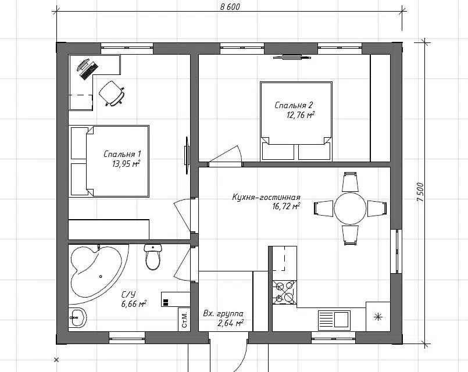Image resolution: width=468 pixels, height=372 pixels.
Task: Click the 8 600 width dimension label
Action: pyautogui.click(x=230, y=6)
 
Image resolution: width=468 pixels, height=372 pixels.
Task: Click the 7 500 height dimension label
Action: pyautogui.click(x=420, y=192)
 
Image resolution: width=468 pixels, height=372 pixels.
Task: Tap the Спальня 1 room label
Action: pyautogui.click(x=122, y=154)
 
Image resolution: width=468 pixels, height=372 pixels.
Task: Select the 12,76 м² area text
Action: pyautogui.click(x=301, y=115)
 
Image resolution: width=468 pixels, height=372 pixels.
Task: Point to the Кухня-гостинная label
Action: pyautogui.click(x=266, y=198)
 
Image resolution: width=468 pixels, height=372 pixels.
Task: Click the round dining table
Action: pyautogui.click(x=350, y=208)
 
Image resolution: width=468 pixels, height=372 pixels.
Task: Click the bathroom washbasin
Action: pyautogui.click(x=77, y=318)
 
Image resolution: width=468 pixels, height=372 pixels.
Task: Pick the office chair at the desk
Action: pyautogui.click(x=111, y=93)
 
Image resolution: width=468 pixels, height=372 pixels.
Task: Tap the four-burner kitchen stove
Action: pyautogui.click(x=284, y=292)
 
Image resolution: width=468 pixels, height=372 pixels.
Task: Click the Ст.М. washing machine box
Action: pyautogui.click(x=184, y=319)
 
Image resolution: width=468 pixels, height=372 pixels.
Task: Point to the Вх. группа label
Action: pyautogui.click(x=223, y=313)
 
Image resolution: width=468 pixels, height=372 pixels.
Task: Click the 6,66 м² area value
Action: pyautogui.click(x=134, y=304)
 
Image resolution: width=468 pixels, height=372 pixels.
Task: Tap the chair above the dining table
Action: pyautogui.click(x=350, y=182)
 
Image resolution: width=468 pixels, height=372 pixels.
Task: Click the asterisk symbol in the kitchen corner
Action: pyautogui.click(x=378, y=317)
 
